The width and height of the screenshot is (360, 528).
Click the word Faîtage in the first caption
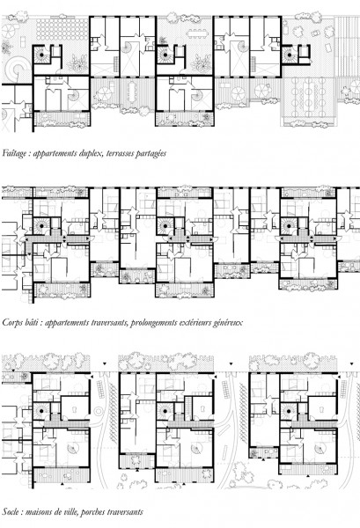click(x=14, y=153)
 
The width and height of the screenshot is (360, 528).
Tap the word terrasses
click(x=121, y=153)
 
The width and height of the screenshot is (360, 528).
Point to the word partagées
click(x=151, y=154)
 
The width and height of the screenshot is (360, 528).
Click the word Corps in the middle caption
click(x=11, y=323)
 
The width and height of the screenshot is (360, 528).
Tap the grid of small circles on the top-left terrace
click(x=61, y=29)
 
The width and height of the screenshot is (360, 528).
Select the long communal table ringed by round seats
click(x=309, y=92)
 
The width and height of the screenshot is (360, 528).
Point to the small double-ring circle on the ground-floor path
click(x=98, y=411)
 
